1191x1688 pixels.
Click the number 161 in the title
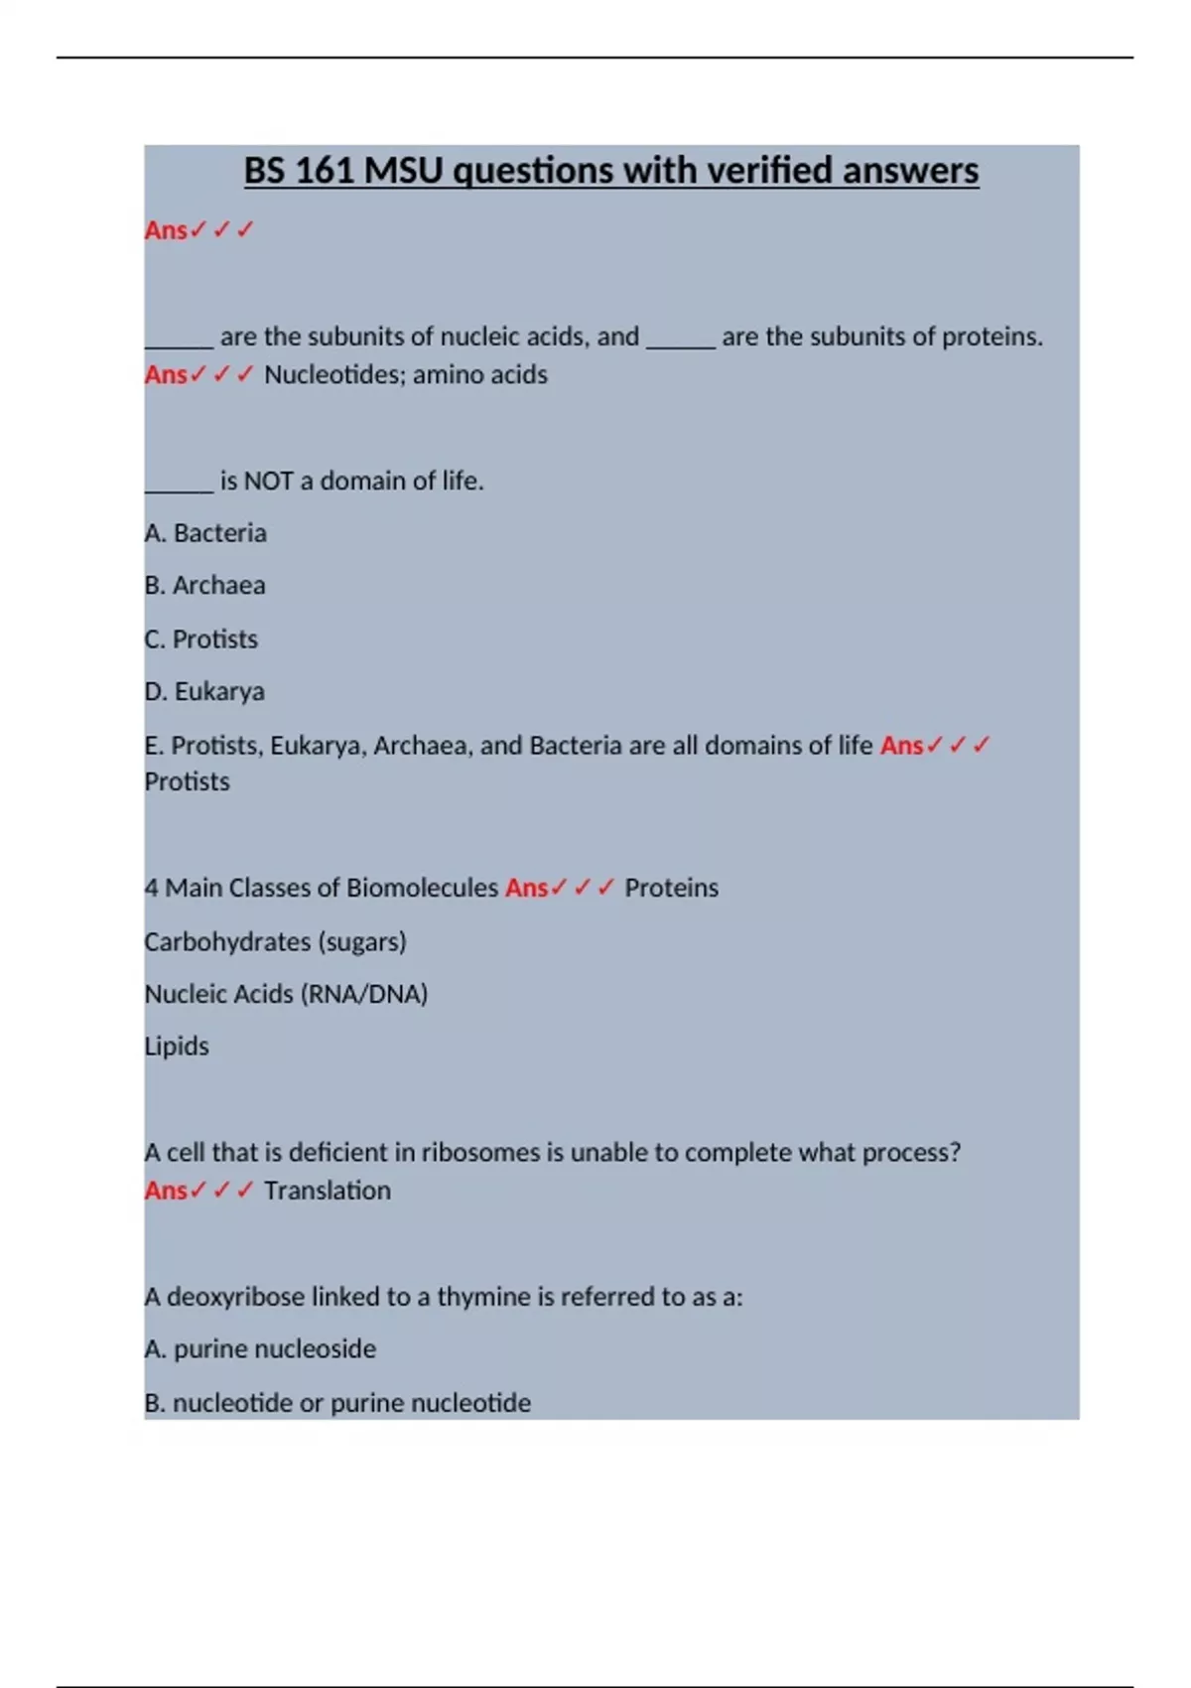point(325,171)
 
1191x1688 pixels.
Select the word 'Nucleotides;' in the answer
point(334,374)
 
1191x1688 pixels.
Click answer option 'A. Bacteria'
point(205,533)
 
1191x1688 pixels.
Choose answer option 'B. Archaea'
point(204,586)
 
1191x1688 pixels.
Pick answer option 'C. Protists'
point(200,639)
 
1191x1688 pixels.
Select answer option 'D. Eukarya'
point(204,692)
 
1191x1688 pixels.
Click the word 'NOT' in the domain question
point(268,482)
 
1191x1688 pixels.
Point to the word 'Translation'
point(328,1191)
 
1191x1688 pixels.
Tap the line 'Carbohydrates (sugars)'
point(275,941)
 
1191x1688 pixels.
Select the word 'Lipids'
point(177,1047)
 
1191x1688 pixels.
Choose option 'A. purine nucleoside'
point(260,1349)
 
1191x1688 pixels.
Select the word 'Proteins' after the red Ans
point(671,888)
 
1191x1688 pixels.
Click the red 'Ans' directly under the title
point(166,230)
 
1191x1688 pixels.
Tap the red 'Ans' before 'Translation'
point(166,1191)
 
